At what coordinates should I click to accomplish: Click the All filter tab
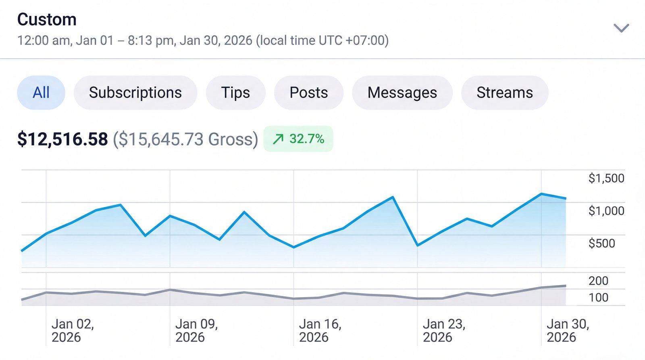tap(41, 93)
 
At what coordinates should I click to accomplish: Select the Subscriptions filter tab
tap(135, 93)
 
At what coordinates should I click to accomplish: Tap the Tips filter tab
tap(235, 93)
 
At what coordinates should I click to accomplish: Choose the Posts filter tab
tap(309, 93)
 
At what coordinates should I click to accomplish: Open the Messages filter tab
tap(402, 93)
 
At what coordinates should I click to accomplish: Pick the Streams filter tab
tap(505, 93)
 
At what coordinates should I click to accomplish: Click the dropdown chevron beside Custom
tap(621, 28)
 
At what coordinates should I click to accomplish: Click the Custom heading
tap(47, 19)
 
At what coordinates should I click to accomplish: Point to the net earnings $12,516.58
tap(62, 139)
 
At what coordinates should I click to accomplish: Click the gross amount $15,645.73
tap(185, 139)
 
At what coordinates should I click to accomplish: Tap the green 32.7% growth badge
tap(298, 139)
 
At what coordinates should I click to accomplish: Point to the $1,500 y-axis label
tap(606, 178)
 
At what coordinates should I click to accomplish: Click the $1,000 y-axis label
tap(606, 211)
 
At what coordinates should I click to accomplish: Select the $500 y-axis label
tap(601, 243)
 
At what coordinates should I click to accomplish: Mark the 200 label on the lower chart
tap(598, 281)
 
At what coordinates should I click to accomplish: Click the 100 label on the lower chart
tap(598, 298)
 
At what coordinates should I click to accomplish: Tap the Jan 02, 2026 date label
tap(73, 331)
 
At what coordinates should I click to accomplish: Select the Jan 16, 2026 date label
tap(320, 331)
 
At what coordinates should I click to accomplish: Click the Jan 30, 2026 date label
tap(568, 331)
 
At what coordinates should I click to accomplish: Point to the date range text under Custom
tap(203, 40)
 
